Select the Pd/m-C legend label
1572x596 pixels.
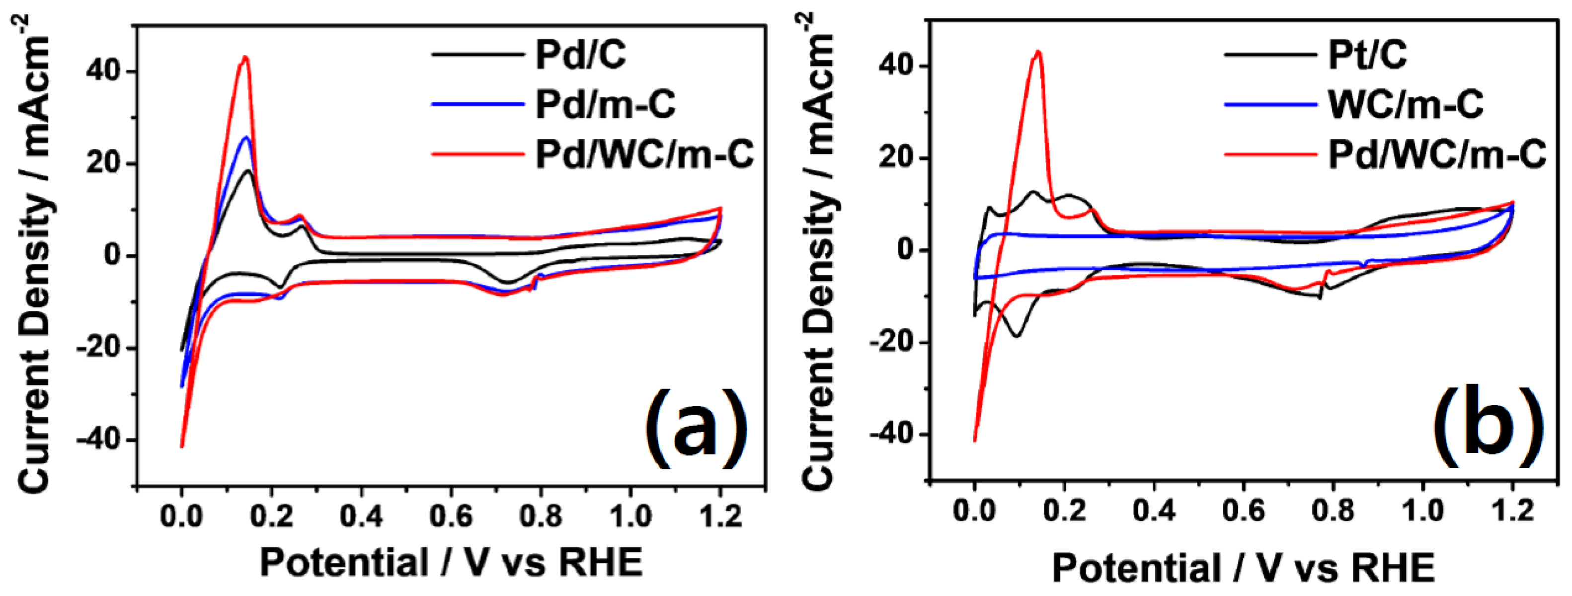[605, 104]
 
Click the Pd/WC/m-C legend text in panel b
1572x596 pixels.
[1437, 154]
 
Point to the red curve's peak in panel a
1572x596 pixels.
[245, 57]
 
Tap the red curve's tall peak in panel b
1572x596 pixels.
[1038, 52]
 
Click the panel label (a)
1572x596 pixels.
[695, 428]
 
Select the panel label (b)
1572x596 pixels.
[1488, 426]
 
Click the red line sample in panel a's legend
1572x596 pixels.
[478, 154]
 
